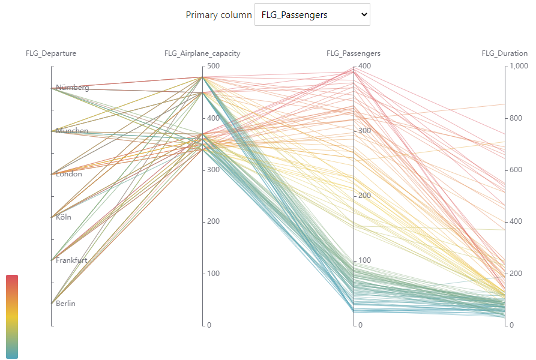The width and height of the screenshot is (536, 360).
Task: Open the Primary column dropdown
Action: point(312,15)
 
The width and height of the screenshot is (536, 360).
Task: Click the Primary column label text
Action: point(218,15)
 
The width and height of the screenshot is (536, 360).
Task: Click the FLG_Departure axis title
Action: point(51,53)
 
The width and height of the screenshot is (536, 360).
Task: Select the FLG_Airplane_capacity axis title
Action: point(202,53)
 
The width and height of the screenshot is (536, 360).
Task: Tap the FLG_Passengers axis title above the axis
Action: point(354,53)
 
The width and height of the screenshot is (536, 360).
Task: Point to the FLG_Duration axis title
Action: point(504,53)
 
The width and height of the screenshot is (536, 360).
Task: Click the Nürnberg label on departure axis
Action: point(73,88)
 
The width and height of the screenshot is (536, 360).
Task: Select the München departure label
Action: point(72,131)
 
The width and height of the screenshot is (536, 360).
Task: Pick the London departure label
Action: point(69,174)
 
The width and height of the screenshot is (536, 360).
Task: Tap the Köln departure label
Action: point(64,217)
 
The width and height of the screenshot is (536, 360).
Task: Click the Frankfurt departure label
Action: point(71,260)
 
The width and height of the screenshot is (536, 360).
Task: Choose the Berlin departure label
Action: point(65,304)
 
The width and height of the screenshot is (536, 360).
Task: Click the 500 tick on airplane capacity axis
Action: point(213,66)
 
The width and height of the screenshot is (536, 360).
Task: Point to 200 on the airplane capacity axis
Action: point(213,221)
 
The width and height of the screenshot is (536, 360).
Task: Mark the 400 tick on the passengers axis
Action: point(364,66)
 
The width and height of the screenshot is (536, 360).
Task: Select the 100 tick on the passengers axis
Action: point(364,260)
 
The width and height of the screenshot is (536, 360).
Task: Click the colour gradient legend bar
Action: point(12,317)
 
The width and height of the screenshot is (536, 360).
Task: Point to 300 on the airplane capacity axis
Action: point(213,170)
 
